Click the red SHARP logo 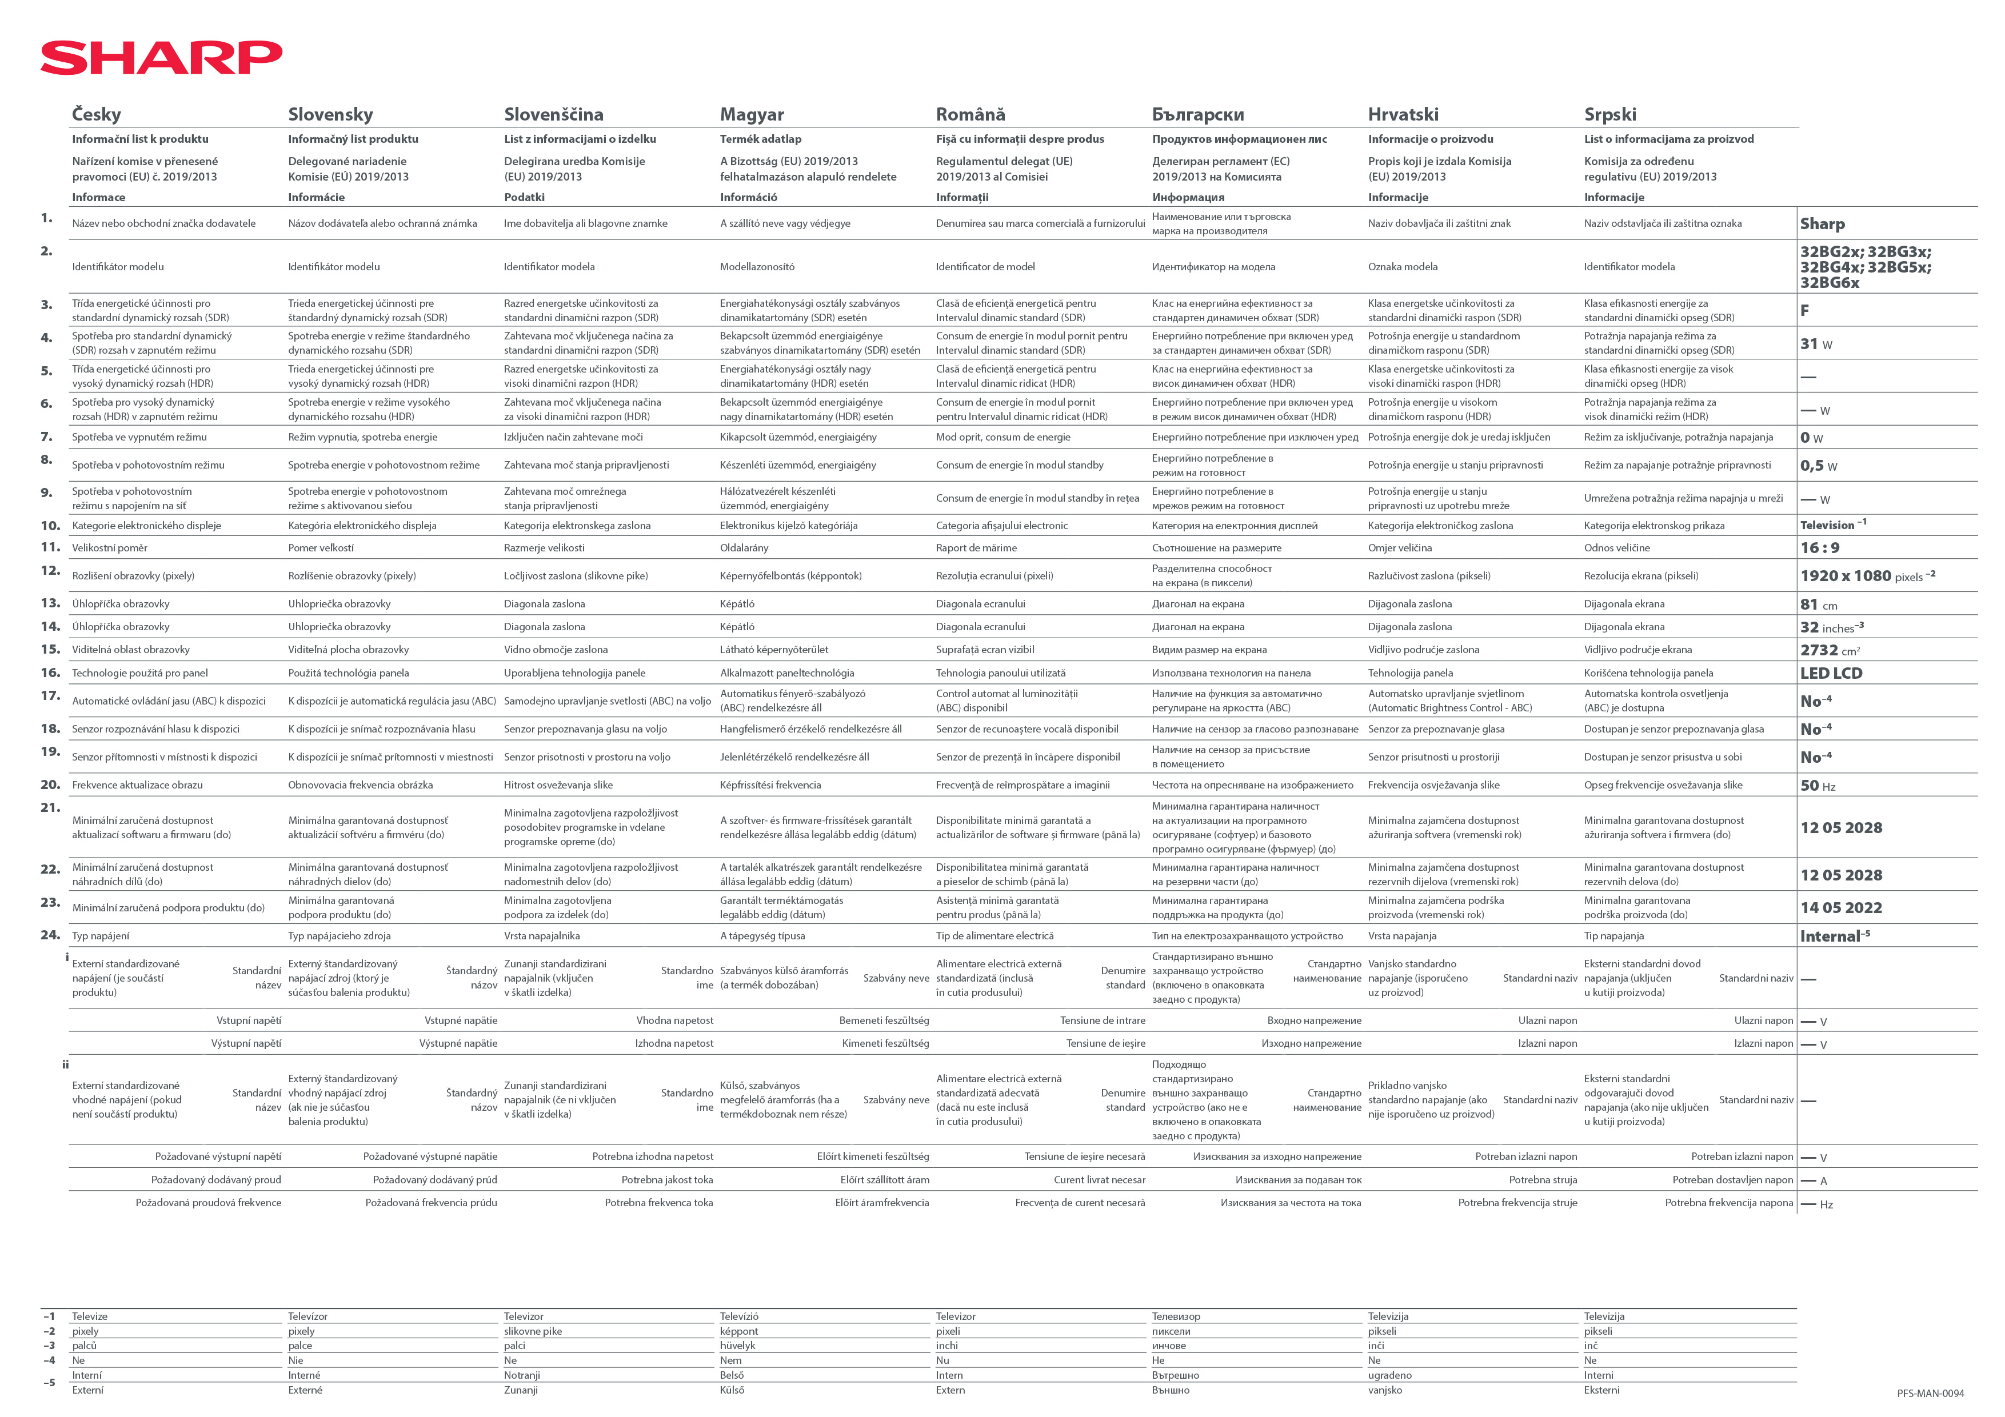162,58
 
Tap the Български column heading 1197,114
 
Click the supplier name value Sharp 1823,223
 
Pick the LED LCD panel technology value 1831,673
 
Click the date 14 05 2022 1841,908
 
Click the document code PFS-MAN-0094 1930,1394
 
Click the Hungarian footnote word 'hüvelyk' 738,1346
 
